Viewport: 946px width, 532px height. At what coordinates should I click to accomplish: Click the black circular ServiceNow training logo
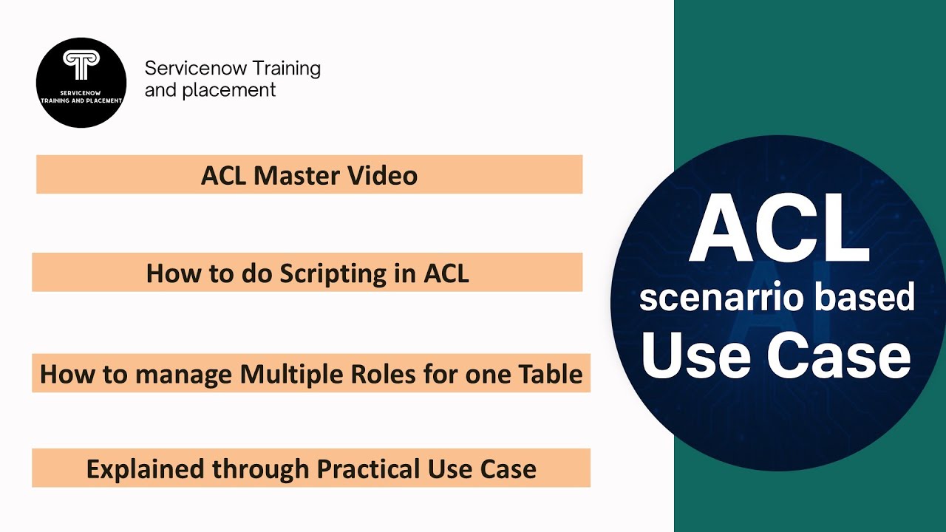[x=81, y=83]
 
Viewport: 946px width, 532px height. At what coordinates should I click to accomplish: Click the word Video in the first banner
[x=390, y=176]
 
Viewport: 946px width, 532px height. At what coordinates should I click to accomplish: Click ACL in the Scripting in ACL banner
[x=446, y=273]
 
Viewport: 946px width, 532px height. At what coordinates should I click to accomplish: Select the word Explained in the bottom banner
[x=146, y=468]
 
